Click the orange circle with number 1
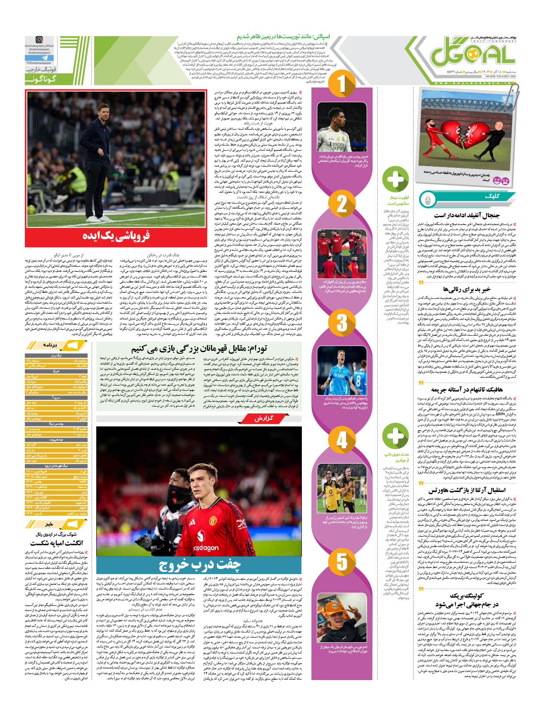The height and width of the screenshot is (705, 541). coord(341,84)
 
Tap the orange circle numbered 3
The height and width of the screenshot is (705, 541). coord(342,322)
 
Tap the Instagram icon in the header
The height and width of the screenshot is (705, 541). coord(39,40)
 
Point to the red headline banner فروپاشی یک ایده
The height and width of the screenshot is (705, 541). coord(116,236)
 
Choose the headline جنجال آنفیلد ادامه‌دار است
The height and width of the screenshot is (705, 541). coord(467,215)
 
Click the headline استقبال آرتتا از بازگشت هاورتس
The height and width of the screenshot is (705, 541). coord(467,490)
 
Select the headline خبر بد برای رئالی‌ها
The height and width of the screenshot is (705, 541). coord(467,289)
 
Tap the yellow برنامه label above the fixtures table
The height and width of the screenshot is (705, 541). coord(50,345)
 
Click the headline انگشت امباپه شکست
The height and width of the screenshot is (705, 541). coord(56,543)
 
